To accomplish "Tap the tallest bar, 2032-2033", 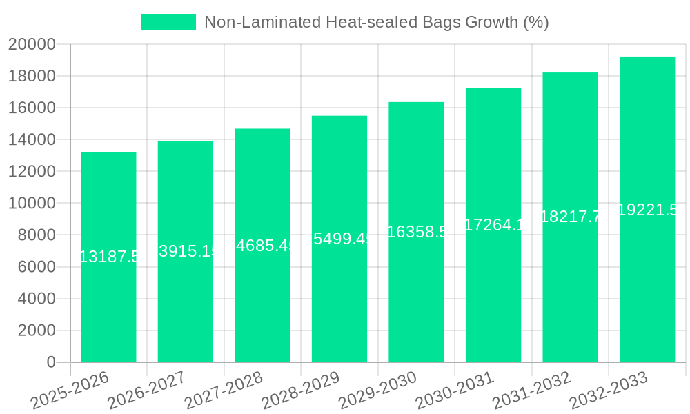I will pyautogui.click(x=647, y=290).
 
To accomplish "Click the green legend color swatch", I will pyautogui.click(x=168, y=22).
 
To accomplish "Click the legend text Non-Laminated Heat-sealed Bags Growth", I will pyautogui.click(x=376, y=22).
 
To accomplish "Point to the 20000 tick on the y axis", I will pyautogui.click(x=32, y=45).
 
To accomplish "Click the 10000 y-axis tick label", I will pyautogui.click(x=32, y=204).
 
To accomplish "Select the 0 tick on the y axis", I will pyautogui.click(x=50, y=362).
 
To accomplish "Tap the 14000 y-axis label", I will pyautogui.click(x=32, y=140).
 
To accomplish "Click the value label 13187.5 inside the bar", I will pyautogui.click(x=109, y=257).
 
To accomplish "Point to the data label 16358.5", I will pyautogui.click(x=417, y=232).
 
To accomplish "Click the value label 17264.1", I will pyautogui.click(x=494, y=224).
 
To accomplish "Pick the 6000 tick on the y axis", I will pyautogui.click(x=32, y=267).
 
